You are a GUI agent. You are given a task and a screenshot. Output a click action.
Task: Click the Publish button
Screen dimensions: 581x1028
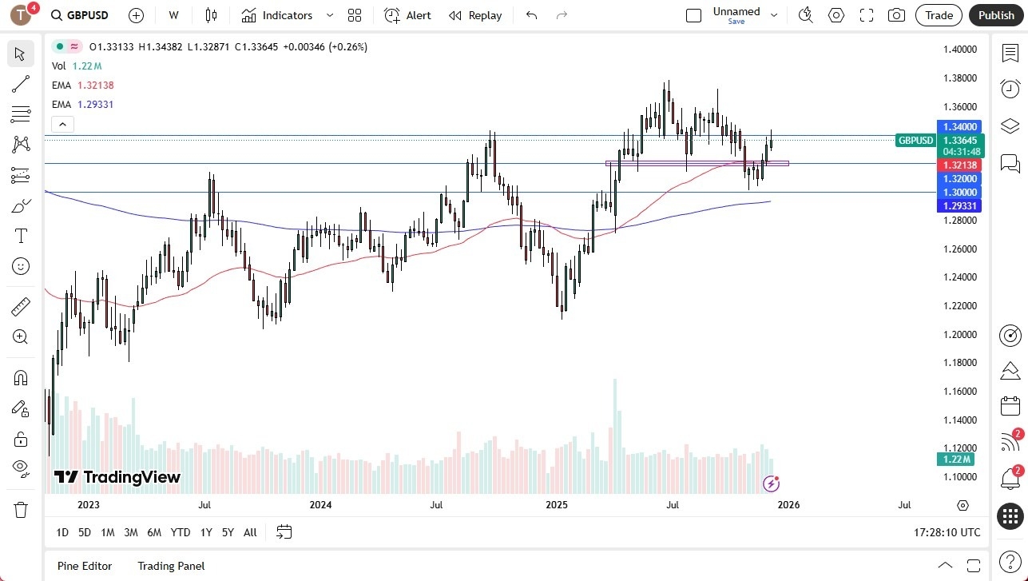point(995,15)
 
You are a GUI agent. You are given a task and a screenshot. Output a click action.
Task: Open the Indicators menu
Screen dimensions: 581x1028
point(287,15)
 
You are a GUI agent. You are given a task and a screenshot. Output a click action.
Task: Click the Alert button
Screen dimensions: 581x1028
point(407,15)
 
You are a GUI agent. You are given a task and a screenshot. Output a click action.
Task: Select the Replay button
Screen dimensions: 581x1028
point(475,15)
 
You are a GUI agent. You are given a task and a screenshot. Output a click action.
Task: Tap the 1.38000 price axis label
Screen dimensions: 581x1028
point(959,78)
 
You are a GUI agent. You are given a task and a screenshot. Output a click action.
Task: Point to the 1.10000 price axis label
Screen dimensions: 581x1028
point(959,476)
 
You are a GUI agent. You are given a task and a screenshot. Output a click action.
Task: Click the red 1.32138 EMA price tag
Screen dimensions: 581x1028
point(959,165)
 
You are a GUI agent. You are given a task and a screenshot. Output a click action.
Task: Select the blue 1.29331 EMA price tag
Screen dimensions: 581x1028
point(959,206)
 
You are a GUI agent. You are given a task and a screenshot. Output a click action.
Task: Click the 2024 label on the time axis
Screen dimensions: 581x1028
point(320,505)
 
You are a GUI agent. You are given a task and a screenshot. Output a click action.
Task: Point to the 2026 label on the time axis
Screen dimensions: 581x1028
point(788,505)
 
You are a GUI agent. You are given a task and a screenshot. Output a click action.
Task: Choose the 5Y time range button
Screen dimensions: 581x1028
point(228,532)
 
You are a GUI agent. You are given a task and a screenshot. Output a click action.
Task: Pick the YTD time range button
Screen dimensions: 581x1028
point(181,532)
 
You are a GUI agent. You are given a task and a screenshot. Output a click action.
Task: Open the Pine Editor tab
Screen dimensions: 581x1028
point(85,566)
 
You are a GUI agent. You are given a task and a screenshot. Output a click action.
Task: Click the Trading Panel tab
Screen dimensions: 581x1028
point(171,566)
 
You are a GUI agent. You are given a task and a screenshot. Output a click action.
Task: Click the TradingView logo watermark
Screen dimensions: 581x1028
point(117,477)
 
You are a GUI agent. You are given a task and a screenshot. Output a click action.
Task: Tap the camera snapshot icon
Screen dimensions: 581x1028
point(897,15)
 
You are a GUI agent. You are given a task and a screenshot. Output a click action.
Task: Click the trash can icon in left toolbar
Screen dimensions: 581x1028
point(21,510)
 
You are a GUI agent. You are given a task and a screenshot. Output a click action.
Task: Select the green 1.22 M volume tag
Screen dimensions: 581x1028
point(955,460)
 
